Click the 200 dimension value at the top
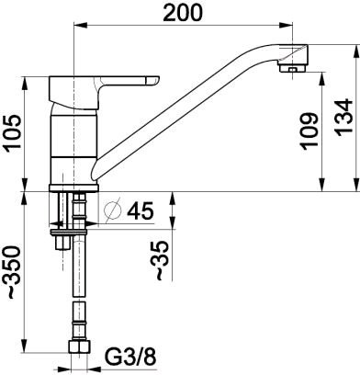[x=183, y=13]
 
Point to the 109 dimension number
[x=309, y=131]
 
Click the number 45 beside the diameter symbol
[x=140, y=210]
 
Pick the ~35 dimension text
[x=162, y=260]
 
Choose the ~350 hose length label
[x=13, y=272]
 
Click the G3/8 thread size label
[x=130, y=357]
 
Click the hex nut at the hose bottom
[x=79, y=347]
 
